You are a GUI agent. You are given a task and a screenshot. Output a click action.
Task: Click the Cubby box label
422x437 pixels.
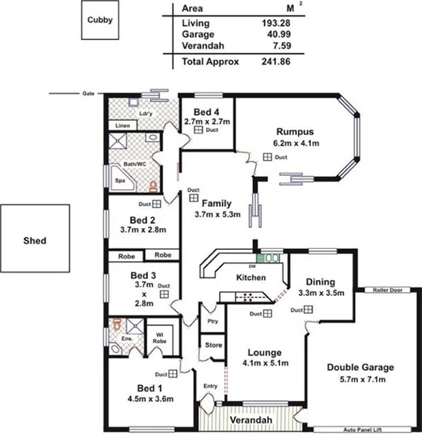[100, 20]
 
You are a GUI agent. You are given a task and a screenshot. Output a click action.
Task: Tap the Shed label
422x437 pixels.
[35, 241]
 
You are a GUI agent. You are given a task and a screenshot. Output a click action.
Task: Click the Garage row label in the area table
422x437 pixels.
[198, 34]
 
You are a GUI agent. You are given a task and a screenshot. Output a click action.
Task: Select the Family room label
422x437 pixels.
[217, 202]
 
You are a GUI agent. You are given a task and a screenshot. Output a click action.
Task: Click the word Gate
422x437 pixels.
[89, 94]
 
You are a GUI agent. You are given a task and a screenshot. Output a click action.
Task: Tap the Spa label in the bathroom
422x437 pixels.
[119, 181]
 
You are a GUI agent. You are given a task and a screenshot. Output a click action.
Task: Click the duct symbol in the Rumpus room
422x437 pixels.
[267, 157]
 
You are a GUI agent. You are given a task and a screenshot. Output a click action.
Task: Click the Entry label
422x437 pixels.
[211, 386]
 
